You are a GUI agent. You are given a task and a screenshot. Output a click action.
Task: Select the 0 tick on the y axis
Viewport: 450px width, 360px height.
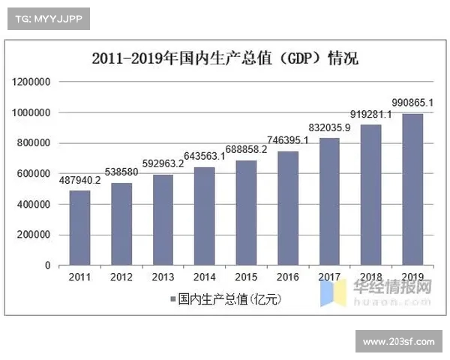click(47, 265)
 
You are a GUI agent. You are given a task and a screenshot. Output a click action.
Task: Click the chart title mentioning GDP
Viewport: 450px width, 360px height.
click(225, 59)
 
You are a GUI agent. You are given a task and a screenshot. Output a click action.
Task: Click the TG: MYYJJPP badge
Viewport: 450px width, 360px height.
click(47, 18)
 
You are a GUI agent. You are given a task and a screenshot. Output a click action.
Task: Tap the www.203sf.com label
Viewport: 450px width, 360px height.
click(398, 342)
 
